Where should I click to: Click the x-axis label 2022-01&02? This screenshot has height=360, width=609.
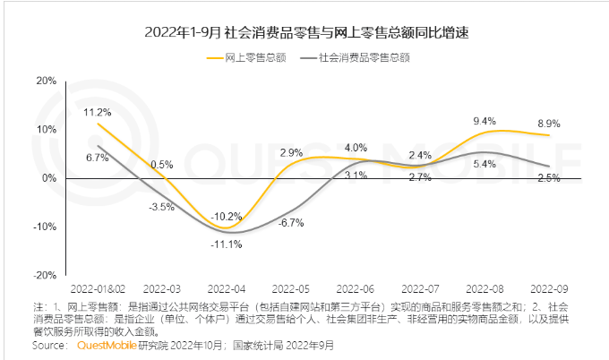(x=99, y=289)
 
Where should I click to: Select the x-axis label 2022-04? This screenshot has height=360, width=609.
(x=226, y=289)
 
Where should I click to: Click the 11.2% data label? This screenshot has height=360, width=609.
(x=98, y=112)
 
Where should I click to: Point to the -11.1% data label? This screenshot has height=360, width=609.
(x=226, y=244)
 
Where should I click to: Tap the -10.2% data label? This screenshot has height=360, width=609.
(x=226, y=216)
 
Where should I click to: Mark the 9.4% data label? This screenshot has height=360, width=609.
(x=485, y=121)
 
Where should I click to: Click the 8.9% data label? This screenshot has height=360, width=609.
(x=548, y=124)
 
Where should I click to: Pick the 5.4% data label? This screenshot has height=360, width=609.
(x=485, y=164)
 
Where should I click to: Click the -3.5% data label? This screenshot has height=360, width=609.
(x=161, y=207)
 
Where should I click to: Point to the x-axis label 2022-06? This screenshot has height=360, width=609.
(x=355, y=289)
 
